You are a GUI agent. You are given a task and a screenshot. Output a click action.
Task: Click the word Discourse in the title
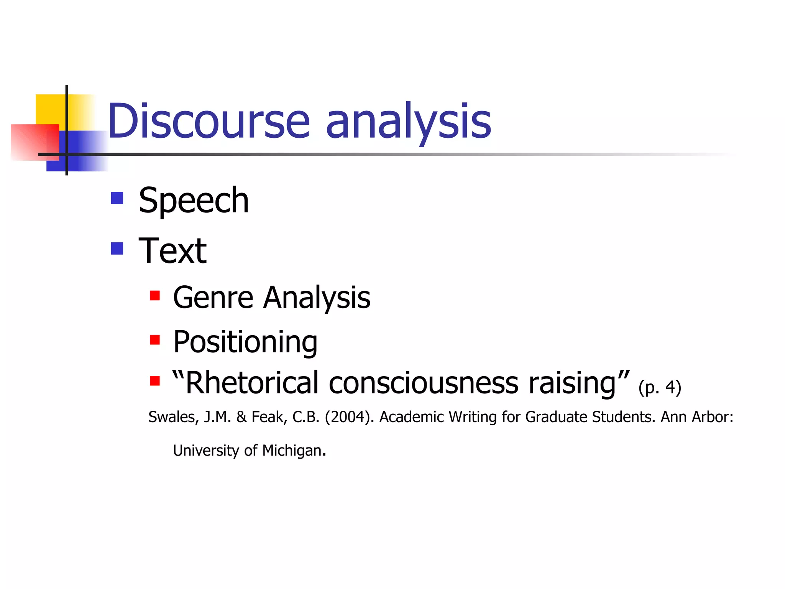209,121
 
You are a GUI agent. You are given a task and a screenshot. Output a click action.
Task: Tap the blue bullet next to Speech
117,198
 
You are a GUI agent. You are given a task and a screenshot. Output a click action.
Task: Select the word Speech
194,201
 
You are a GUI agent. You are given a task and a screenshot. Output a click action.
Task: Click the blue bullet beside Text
117,248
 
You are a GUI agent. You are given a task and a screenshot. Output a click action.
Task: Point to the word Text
172,251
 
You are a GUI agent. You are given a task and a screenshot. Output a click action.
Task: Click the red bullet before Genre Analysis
154,296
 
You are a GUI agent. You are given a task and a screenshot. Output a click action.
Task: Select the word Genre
213,298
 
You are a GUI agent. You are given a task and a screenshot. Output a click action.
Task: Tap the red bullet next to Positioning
154,340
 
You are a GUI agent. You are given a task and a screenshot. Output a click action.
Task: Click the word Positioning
245,342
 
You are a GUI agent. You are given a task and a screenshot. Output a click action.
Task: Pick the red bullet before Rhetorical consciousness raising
154,380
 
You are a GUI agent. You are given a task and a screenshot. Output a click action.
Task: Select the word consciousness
423,383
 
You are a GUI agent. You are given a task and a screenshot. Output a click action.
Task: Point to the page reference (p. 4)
660,387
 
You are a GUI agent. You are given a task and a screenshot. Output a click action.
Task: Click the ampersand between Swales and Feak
241,417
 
